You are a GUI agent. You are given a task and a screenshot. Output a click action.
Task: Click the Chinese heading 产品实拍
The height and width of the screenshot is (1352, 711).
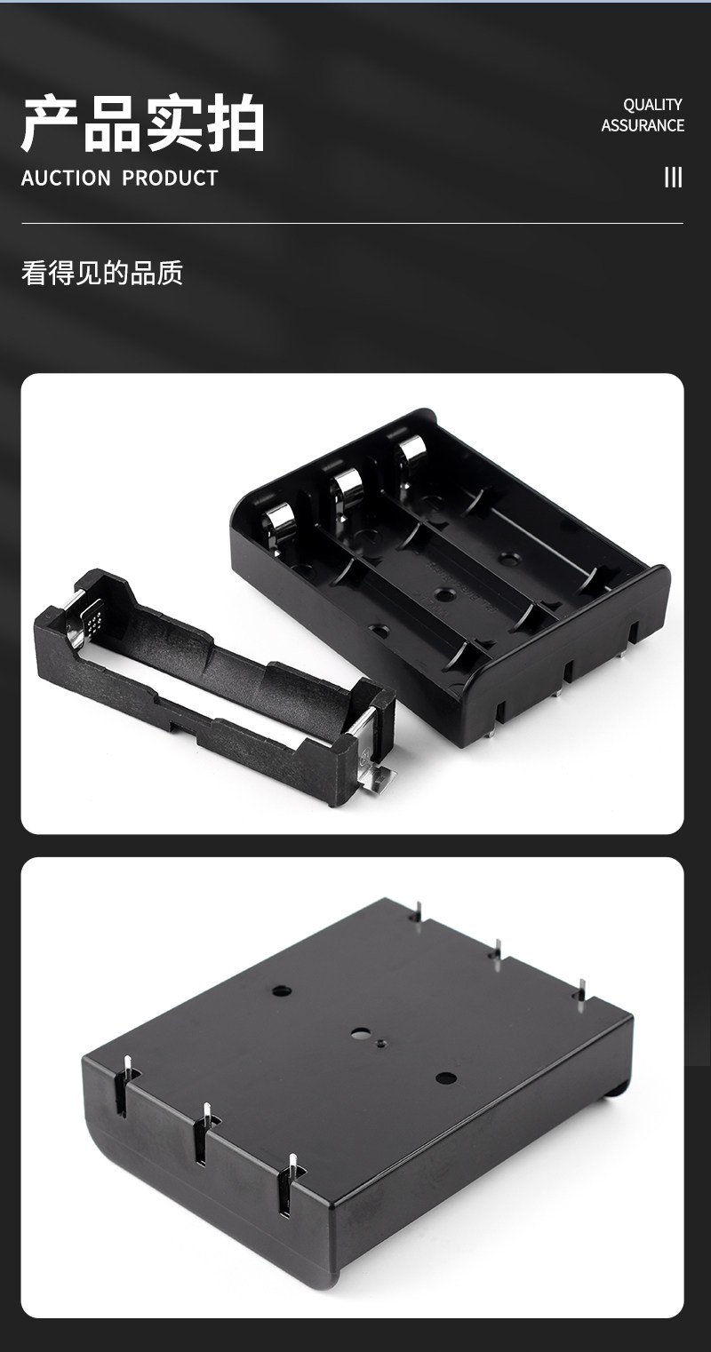point(142,123)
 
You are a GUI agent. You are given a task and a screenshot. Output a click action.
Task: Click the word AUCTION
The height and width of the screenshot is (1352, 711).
point(66,179)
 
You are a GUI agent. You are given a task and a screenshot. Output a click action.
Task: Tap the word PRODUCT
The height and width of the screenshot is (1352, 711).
point(170,179)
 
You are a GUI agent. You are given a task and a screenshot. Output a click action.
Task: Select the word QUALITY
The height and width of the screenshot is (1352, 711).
point(652,105)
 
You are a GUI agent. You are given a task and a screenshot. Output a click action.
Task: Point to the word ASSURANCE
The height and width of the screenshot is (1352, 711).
point(643,125)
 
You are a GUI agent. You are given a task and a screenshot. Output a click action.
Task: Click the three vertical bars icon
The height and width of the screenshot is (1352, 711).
point(673,178)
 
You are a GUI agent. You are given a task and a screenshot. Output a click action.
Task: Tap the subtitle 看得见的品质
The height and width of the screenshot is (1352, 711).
point(102,273)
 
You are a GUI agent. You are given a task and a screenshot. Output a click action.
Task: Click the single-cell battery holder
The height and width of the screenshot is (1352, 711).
point(214,688)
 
